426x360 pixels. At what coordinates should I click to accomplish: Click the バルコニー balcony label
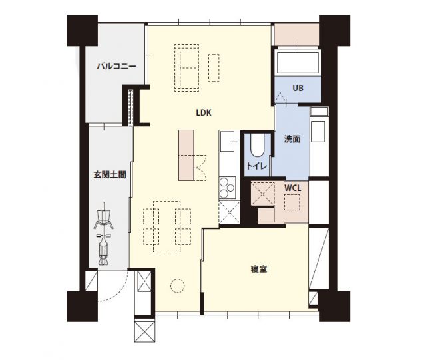click(x=116, y=67)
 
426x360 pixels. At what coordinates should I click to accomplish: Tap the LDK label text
click(x=204, y=113)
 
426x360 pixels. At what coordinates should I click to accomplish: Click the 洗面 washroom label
click(x=292, y=139)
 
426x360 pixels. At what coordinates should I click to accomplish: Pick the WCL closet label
click(x=293, y=188)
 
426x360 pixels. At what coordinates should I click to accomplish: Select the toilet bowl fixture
click(x=258, y=146)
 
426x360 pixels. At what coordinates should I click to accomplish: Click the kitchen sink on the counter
click(x=228, y=141)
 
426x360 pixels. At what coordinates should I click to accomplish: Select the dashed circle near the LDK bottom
click(x=177, y=285)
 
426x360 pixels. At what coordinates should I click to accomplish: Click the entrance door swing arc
click(x=110, y=289)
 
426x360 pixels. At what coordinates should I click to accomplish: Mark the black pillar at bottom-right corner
click(x=334, y=306)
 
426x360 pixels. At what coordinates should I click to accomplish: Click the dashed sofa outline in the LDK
click(x=187, y=67)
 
